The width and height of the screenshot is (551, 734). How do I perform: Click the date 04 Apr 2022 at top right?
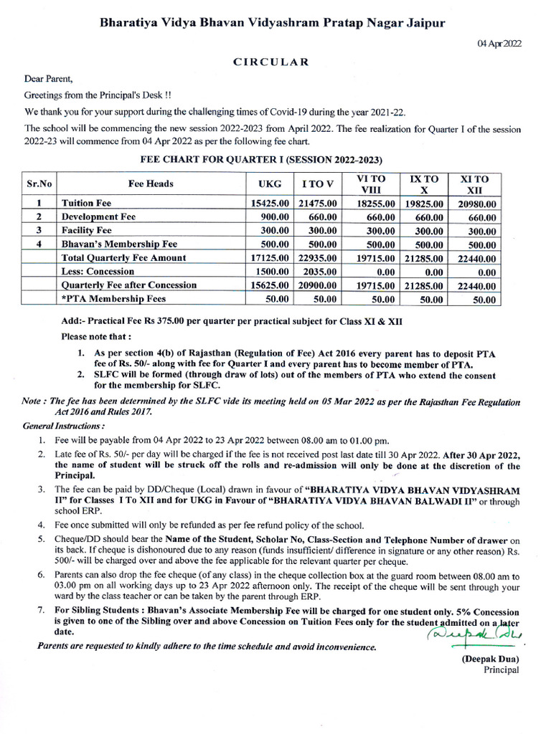(500, 44)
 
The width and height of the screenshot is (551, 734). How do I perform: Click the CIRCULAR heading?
(271, 62)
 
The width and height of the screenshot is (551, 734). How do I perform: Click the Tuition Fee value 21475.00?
(317, 204)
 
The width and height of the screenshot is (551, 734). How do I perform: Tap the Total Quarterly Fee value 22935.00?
(317, 258)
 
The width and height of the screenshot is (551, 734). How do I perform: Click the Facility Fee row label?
(87, 230)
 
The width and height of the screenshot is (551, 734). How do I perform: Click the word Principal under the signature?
(501, 670)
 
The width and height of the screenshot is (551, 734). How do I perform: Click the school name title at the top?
(272, 23)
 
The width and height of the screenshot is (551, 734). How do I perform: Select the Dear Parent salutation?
(49, 80)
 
